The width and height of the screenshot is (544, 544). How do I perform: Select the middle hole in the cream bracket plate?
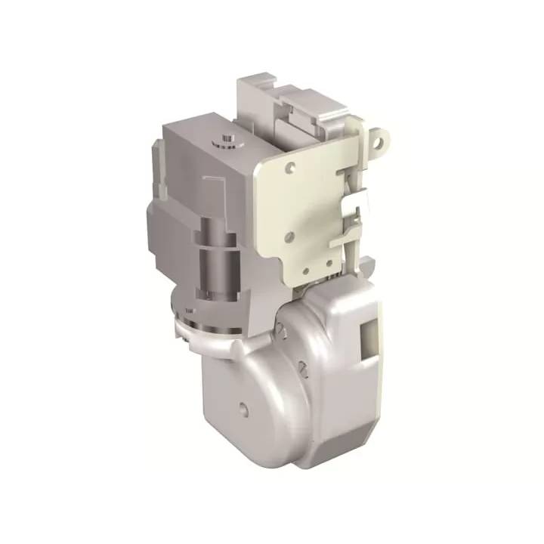(288, 237)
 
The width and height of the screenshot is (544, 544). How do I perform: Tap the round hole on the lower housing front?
(243, 408)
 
